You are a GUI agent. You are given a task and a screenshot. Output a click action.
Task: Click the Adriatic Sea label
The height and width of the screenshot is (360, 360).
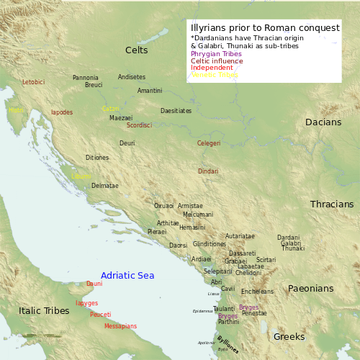click(x=127, y=276)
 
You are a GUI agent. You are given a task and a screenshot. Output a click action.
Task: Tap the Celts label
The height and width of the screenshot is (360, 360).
click(x=136, y=50)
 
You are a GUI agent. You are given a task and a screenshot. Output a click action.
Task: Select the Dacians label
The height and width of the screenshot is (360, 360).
click(x=323, y=122)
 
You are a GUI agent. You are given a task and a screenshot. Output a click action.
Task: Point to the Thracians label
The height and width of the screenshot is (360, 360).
click(x=332, y=204)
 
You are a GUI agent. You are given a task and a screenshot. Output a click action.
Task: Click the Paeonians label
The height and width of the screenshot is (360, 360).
click(x=310, y=289)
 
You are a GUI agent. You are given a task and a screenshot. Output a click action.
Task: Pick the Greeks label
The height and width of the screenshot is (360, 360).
click(x=289, y=336)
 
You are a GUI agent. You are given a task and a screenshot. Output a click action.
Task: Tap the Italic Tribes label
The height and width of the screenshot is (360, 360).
click(x=44, y=311)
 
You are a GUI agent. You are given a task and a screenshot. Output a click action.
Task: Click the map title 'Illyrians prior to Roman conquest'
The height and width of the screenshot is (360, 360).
click(x=265, y=28)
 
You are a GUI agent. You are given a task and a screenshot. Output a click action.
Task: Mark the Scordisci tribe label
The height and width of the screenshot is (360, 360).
click(x=139, y=125)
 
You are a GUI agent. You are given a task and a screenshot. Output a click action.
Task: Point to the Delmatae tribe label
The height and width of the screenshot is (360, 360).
click(x=105, y=186)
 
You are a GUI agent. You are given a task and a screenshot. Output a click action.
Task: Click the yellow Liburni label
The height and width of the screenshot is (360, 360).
click(x=81, y=176)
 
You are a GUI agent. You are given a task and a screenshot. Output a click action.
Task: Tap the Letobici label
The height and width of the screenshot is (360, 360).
click(x=33, y=82)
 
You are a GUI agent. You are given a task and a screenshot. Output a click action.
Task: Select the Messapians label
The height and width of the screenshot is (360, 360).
click(x=120, y=326)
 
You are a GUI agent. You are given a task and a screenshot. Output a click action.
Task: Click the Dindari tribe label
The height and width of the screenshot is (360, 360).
click(x=208, y=171)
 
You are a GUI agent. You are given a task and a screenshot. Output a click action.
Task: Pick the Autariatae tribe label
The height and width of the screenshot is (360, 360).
click(x=240, y=236)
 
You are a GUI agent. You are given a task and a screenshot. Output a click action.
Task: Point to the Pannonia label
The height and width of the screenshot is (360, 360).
click(x=86, y=78)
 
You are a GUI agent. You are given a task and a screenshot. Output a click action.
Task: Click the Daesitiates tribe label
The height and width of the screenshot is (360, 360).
click(x=176, y=111)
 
